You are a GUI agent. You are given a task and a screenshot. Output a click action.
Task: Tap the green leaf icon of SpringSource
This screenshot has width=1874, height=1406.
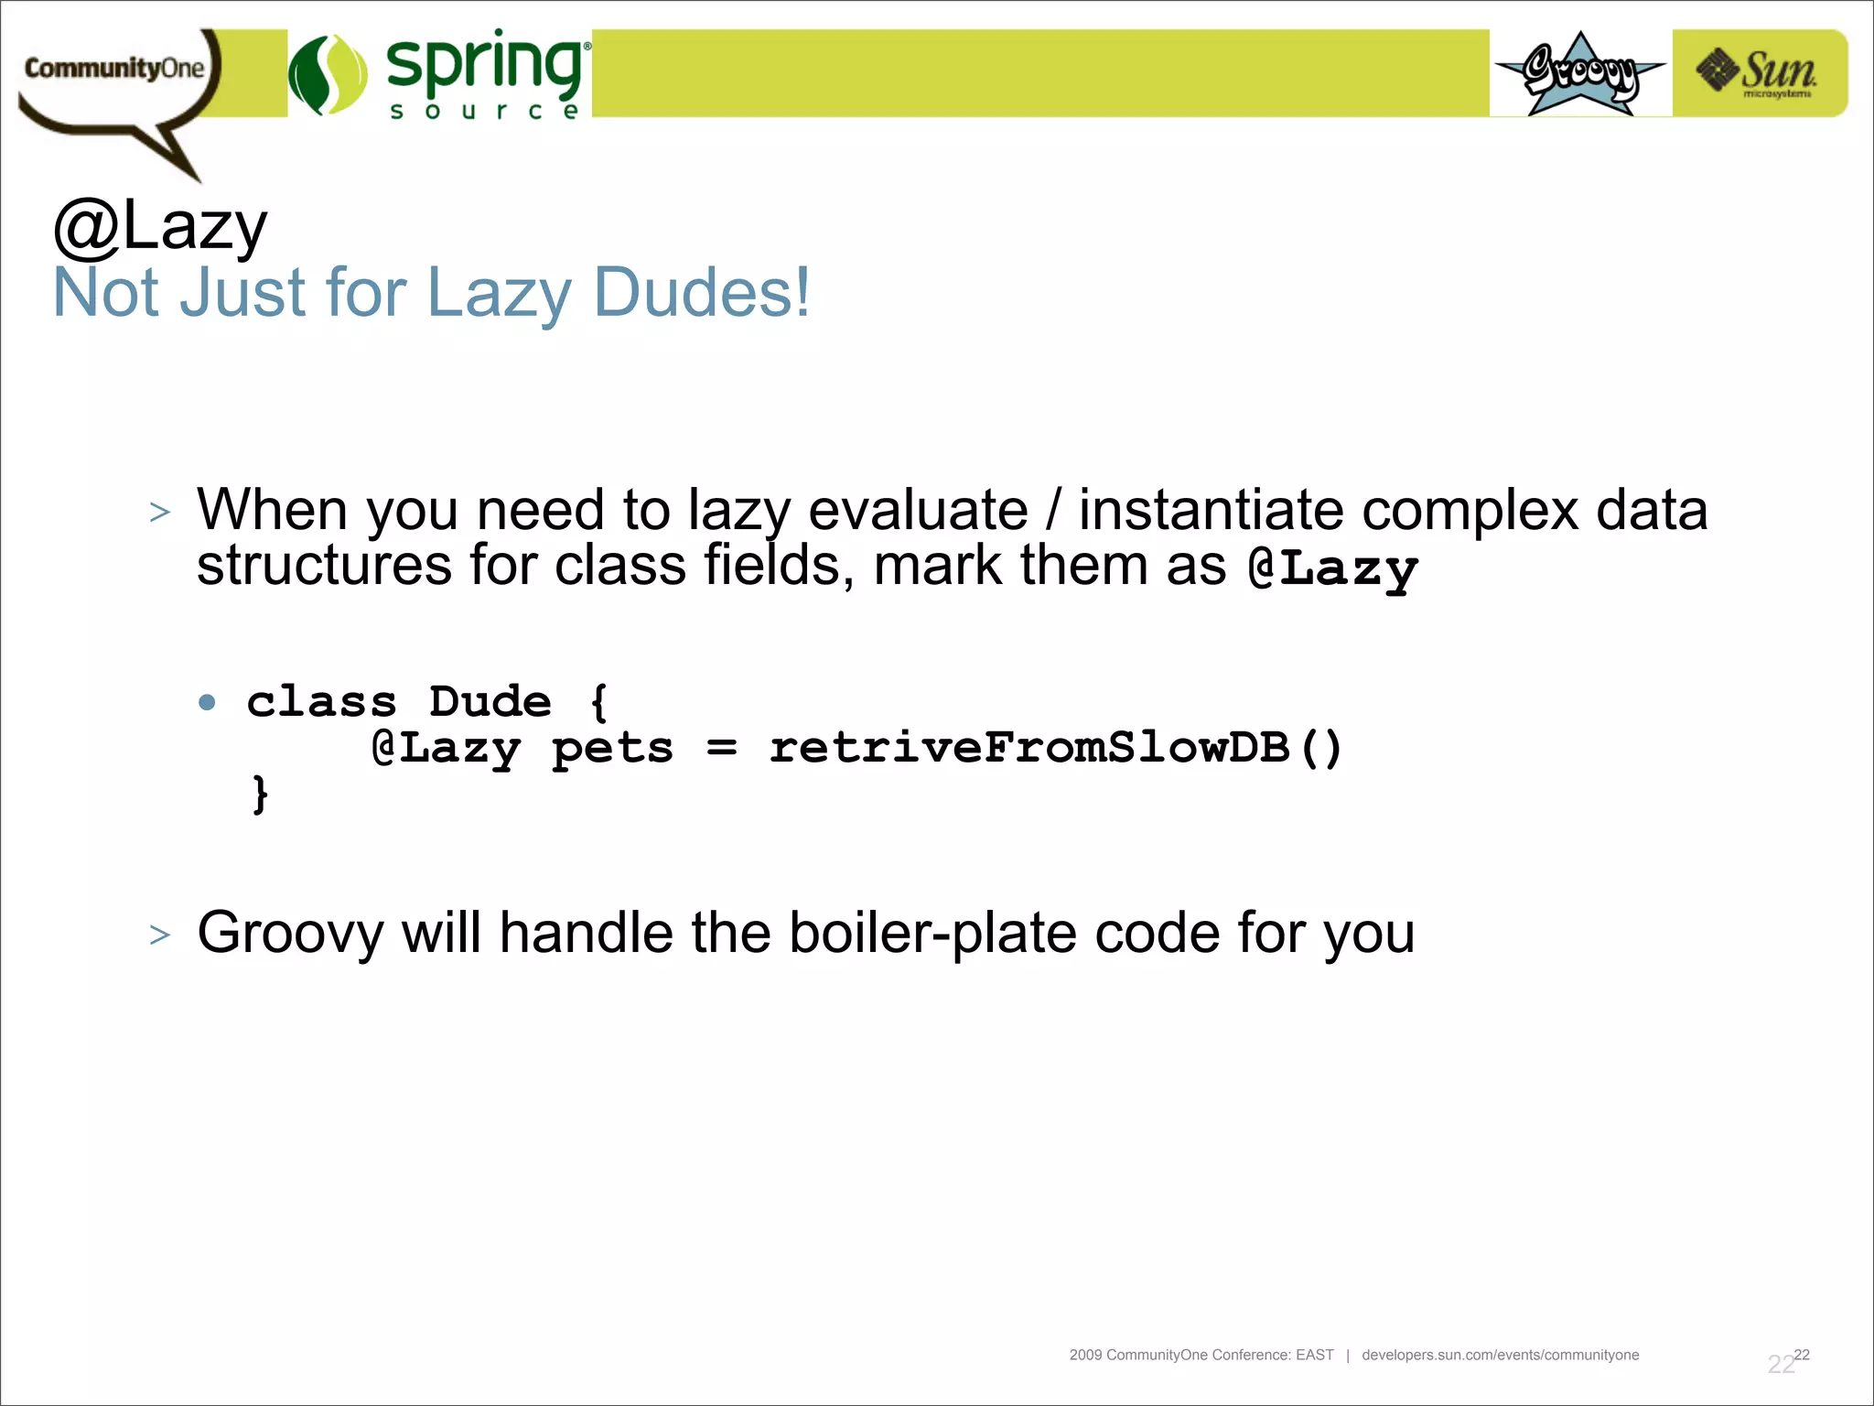(x=328, y=74)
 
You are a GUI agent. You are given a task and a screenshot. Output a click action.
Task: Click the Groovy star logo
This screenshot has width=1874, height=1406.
(x=1580, y=74)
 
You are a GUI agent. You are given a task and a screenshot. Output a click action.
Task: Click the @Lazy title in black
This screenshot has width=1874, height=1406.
(x=161, y=227)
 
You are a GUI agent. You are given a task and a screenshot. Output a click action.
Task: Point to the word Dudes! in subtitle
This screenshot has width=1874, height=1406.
(x=701, y=293)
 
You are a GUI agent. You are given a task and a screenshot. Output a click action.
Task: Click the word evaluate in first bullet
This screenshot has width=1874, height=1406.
(x=918, y=510)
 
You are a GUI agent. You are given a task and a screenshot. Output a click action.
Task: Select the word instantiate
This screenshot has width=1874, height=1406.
(x=1211, y=510)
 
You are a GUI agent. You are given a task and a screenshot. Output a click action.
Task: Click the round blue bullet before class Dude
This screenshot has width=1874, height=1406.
(x=208, y=702)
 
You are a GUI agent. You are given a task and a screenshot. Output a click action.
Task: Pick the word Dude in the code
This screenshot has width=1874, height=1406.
(x=490, y=702)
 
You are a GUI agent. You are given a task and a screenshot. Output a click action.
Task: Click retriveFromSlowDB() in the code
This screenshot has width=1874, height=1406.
(x=1055, y=748)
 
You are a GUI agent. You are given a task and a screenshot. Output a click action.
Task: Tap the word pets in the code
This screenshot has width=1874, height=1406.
(x=612, y=748)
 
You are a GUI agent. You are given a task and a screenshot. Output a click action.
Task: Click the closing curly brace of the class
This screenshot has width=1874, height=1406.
(x=261, y=794)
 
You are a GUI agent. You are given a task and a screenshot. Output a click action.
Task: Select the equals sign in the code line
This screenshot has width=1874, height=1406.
(x=721, y=748)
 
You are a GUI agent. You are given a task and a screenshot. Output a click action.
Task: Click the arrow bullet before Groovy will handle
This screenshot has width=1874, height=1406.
(x=160, y=935)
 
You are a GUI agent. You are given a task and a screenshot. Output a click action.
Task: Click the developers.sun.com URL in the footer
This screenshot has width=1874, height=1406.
(x=1500, y=1355)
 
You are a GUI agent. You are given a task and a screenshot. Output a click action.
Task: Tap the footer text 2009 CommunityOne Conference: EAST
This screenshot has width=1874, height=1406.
(x=1201, y=1355)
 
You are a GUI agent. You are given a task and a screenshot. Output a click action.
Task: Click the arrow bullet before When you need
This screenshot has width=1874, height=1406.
(x=160, y=512)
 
